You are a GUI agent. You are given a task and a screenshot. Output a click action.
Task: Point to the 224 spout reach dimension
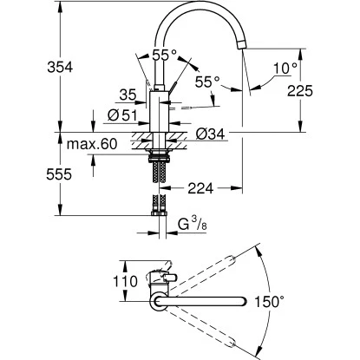pyautogui.click(x=200, y=186)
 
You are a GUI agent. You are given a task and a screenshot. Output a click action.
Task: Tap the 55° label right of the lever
pyautogui.click(x=206, y=81)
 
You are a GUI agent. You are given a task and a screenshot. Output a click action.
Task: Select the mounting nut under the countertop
pyautogui.click(x=160, y=157)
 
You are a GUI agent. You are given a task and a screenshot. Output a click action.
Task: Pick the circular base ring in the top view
pyautogui.click(x=160, y=300)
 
